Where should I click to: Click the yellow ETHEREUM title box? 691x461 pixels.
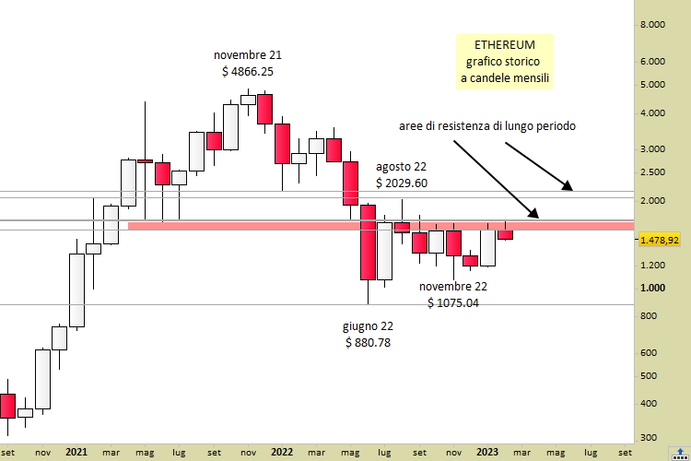tap(506, 61)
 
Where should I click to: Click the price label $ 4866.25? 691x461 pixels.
tap(248, 70)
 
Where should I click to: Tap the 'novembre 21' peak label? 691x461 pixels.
tap(248, 54)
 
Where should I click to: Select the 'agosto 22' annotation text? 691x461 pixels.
tap(402, 167)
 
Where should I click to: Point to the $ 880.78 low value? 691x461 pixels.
tap(369, 342)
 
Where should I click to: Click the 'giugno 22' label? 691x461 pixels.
tap(369, 326)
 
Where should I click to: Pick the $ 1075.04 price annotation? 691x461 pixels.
tap(453, 301)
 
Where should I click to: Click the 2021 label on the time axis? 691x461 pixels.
tap(77, 453)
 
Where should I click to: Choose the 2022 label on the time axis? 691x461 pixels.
tap(282, 453)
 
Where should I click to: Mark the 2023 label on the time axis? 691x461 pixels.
tap(487, 453)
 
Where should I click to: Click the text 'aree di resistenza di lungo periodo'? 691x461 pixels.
tap(487, 125)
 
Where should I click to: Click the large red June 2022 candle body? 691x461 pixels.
tap(368, 242)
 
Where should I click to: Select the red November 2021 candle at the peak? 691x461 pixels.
tap(265, 109)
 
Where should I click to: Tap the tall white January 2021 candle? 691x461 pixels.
tap(76, 290)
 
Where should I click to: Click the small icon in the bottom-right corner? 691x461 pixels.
tap(679, 453)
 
